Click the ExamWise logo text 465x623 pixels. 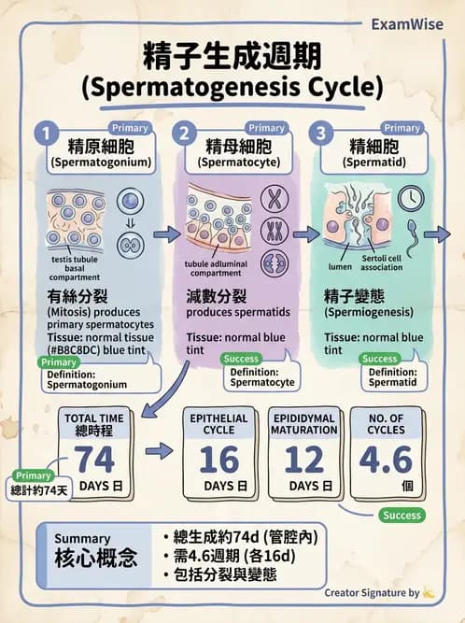tap(407, 24)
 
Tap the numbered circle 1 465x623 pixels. tap(47, 134)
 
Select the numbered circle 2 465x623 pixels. tap(184, 134)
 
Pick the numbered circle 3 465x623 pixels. tap(321, 134)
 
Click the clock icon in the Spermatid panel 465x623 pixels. tap(411, 198)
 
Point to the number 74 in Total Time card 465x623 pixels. tap(94, 460)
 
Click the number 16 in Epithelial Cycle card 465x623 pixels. tap(219, 460)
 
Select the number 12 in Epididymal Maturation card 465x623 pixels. tap(304, 460)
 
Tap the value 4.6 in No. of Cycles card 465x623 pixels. tap(386, 460)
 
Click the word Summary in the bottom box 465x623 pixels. tap(82, 538)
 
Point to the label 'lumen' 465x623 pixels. tap(340, 266)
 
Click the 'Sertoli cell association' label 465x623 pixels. tap(382, 262)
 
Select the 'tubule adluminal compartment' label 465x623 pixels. tap(216, 268)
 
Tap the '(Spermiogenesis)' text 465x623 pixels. tap(369, 312)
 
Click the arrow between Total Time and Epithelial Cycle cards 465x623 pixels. tap(159, 451)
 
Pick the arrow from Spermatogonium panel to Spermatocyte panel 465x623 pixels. tap(167, 234)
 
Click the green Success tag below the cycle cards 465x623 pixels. tap(402, 515)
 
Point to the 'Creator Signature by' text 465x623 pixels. tap(372, 593)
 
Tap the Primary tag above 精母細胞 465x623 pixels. tap(266, 128)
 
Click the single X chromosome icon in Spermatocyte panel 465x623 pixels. tap(274, 199)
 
